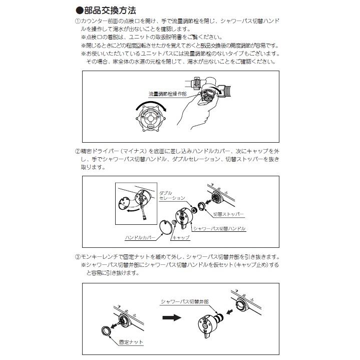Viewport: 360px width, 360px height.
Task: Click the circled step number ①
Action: (x=78, y=22)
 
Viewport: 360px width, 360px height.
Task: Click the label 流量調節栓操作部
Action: (x=167, y=94)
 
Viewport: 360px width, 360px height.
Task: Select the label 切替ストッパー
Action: (x=228, y=214)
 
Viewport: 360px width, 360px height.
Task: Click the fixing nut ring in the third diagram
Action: (x=106, y=331)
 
